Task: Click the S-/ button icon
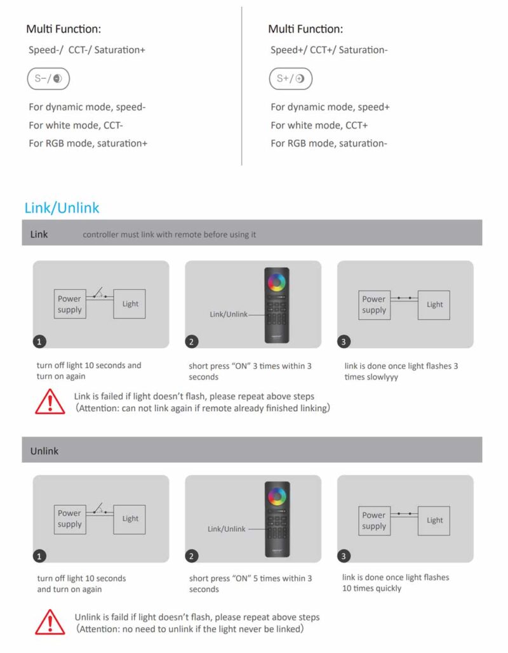(48, 79)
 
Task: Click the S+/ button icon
(290, 79)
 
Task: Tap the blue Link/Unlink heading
(62, 208)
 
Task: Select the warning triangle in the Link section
(50, 402)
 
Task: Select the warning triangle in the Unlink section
(50, 622)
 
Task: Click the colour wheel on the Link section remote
(277, 282)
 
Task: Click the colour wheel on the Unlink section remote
(277, 496)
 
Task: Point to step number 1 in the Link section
(39, 342)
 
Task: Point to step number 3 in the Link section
(344, 342)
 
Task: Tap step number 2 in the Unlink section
(192, 556)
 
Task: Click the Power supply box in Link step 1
(70, 304)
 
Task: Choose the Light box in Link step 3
(434, 305)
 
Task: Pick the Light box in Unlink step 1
(130, 519)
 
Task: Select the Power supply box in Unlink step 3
(374, 520)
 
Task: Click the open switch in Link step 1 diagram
(100, 293)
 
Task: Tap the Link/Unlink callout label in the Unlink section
(226, 529)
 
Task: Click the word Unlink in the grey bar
(44, 451)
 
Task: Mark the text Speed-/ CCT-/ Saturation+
(87, 50)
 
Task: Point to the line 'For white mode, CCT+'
(319, 126)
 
